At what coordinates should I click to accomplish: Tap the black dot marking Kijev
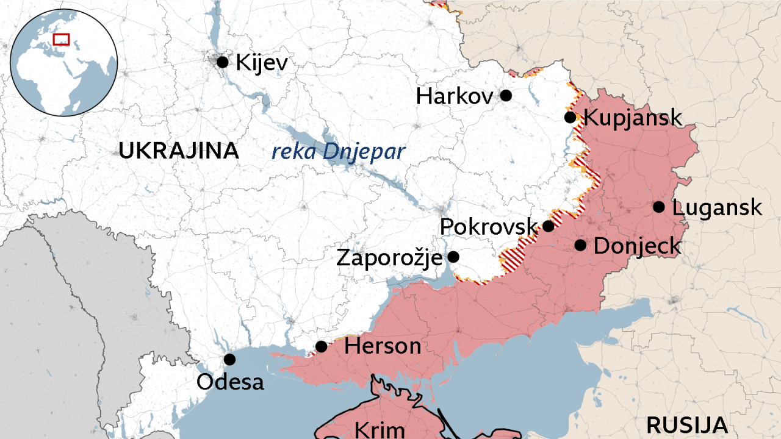click(x=223, y=62)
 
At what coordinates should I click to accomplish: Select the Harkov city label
click(x=455, y=96)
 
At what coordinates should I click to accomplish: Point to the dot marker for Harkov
click(x=506, y=95)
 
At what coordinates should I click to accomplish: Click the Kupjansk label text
click(x=633, y=117)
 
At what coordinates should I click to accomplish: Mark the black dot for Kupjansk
click(x=570, y=117)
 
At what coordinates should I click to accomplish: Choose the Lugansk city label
click(x=717, y=207)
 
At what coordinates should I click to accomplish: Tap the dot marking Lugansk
click(x=659, y=207)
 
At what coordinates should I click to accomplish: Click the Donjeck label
click(x=637, y=246)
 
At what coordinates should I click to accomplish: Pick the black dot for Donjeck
click(x=580, y=245)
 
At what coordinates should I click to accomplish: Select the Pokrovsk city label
click(x=489, y=226)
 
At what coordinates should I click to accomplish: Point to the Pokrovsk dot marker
click(x=549, y=226)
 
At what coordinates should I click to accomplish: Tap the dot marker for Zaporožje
click(x=453, y=257)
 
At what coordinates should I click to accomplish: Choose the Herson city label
click(x=383, y=346)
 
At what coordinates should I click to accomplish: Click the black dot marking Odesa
click(x=229, y=359)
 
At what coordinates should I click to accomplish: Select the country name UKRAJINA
click(x=179, y=151)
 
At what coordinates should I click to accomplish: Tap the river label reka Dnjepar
click(x=338, y=151)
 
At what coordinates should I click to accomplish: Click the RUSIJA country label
click(x=687, y=424)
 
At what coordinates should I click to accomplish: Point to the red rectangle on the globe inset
click(x=61, y=40)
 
